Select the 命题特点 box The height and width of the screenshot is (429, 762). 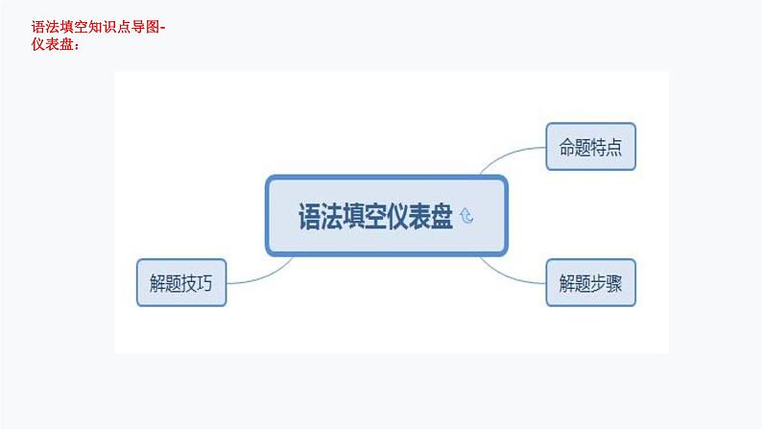point(591,147)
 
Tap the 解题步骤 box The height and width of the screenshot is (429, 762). point(591,282)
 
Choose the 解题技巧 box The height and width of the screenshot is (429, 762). point(181,282)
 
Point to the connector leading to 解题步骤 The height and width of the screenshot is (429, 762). point(523,274)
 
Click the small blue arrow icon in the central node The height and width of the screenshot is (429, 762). point(467,217)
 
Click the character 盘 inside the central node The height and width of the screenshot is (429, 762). point(441,216)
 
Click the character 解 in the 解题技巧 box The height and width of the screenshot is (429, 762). point(156,282)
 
